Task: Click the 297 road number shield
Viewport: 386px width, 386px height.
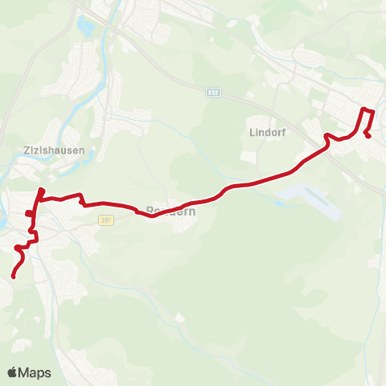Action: (x=106, y=219)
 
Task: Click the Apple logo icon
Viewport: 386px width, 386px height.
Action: (x=13, y=372)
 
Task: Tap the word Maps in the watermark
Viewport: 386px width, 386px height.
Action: (x=35, y=372)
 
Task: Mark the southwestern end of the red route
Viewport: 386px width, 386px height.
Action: (x=13, y=277)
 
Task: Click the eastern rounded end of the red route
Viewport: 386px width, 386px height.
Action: (x=368, y=136)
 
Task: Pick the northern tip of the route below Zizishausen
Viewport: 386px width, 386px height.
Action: (x=42, y=190)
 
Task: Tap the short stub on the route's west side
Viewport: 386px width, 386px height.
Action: (x=28, y=213)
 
